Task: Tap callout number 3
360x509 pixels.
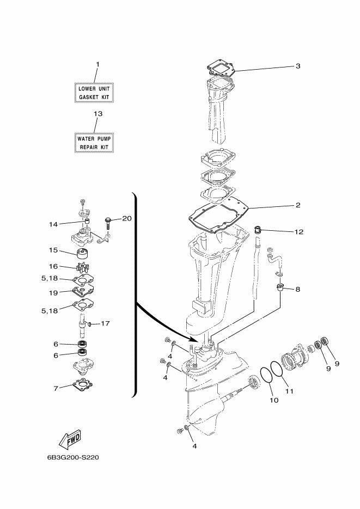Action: point(298,66)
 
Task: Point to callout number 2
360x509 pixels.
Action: point(298,205)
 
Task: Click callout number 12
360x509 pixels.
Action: point(299,231)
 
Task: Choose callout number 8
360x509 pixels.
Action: point(297,289)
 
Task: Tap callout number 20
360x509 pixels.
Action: point(126,219)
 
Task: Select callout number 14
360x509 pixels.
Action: point(53,223)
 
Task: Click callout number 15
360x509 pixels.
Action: point(53,251)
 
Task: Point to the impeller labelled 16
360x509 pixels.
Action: point(82,268)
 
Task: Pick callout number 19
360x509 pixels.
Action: point(53,292)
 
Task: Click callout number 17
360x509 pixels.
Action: point(105,323)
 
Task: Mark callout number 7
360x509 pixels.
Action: point(55,389)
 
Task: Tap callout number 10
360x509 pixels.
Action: point(273,400)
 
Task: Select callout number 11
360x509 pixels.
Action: point(289,391)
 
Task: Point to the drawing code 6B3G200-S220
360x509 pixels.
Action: point(69,457)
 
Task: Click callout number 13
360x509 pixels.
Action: point(97,114)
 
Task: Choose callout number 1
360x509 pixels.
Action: point(97,64)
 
